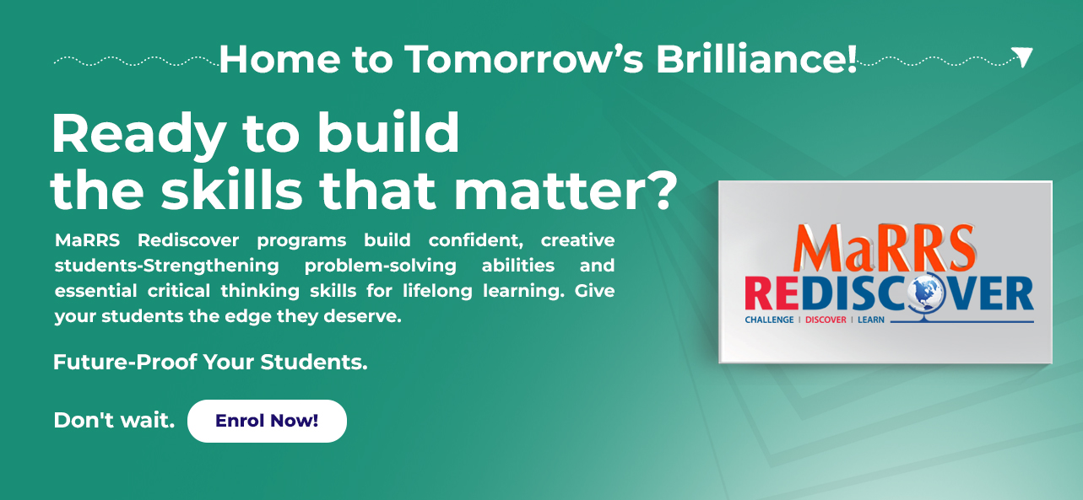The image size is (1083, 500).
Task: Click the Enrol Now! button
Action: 267,421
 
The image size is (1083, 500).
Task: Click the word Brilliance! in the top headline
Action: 756,59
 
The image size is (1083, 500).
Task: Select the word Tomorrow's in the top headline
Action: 524,59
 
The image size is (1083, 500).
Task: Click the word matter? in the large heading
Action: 566,190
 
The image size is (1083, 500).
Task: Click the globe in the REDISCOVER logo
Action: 925,293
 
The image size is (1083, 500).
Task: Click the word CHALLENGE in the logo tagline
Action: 769,320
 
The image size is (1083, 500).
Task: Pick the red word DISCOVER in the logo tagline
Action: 826,320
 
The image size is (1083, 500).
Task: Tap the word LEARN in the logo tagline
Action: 871,320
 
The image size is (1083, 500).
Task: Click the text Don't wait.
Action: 114,420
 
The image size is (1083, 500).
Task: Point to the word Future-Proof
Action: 125,362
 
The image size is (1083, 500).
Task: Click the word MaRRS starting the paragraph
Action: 87,240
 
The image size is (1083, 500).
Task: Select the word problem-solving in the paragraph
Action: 381,266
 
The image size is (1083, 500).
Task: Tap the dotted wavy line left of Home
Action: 137,62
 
